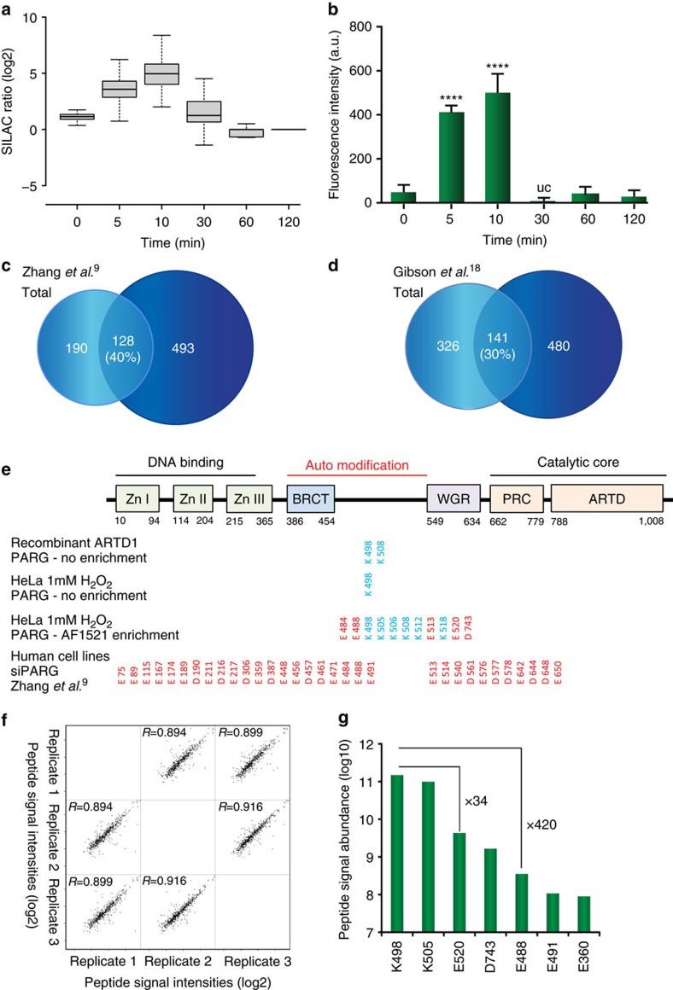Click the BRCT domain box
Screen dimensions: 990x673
(x=312, y=497)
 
